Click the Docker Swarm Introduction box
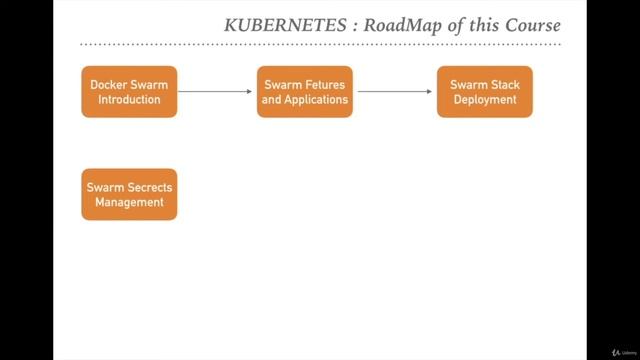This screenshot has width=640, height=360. coord(129,92)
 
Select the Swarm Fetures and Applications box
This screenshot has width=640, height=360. coord(305,92)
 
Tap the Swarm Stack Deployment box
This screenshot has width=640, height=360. coord(485,92)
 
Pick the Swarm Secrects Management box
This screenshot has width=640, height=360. coord(129,194)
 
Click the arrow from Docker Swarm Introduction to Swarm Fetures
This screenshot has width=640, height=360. coord(215,92)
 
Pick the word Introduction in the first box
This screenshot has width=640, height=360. coord(129,100)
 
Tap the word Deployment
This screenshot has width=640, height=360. coord(485,100)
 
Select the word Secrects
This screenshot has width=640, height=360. coord(146,187)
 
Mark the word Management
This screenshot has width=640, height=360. coord(129,202)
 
